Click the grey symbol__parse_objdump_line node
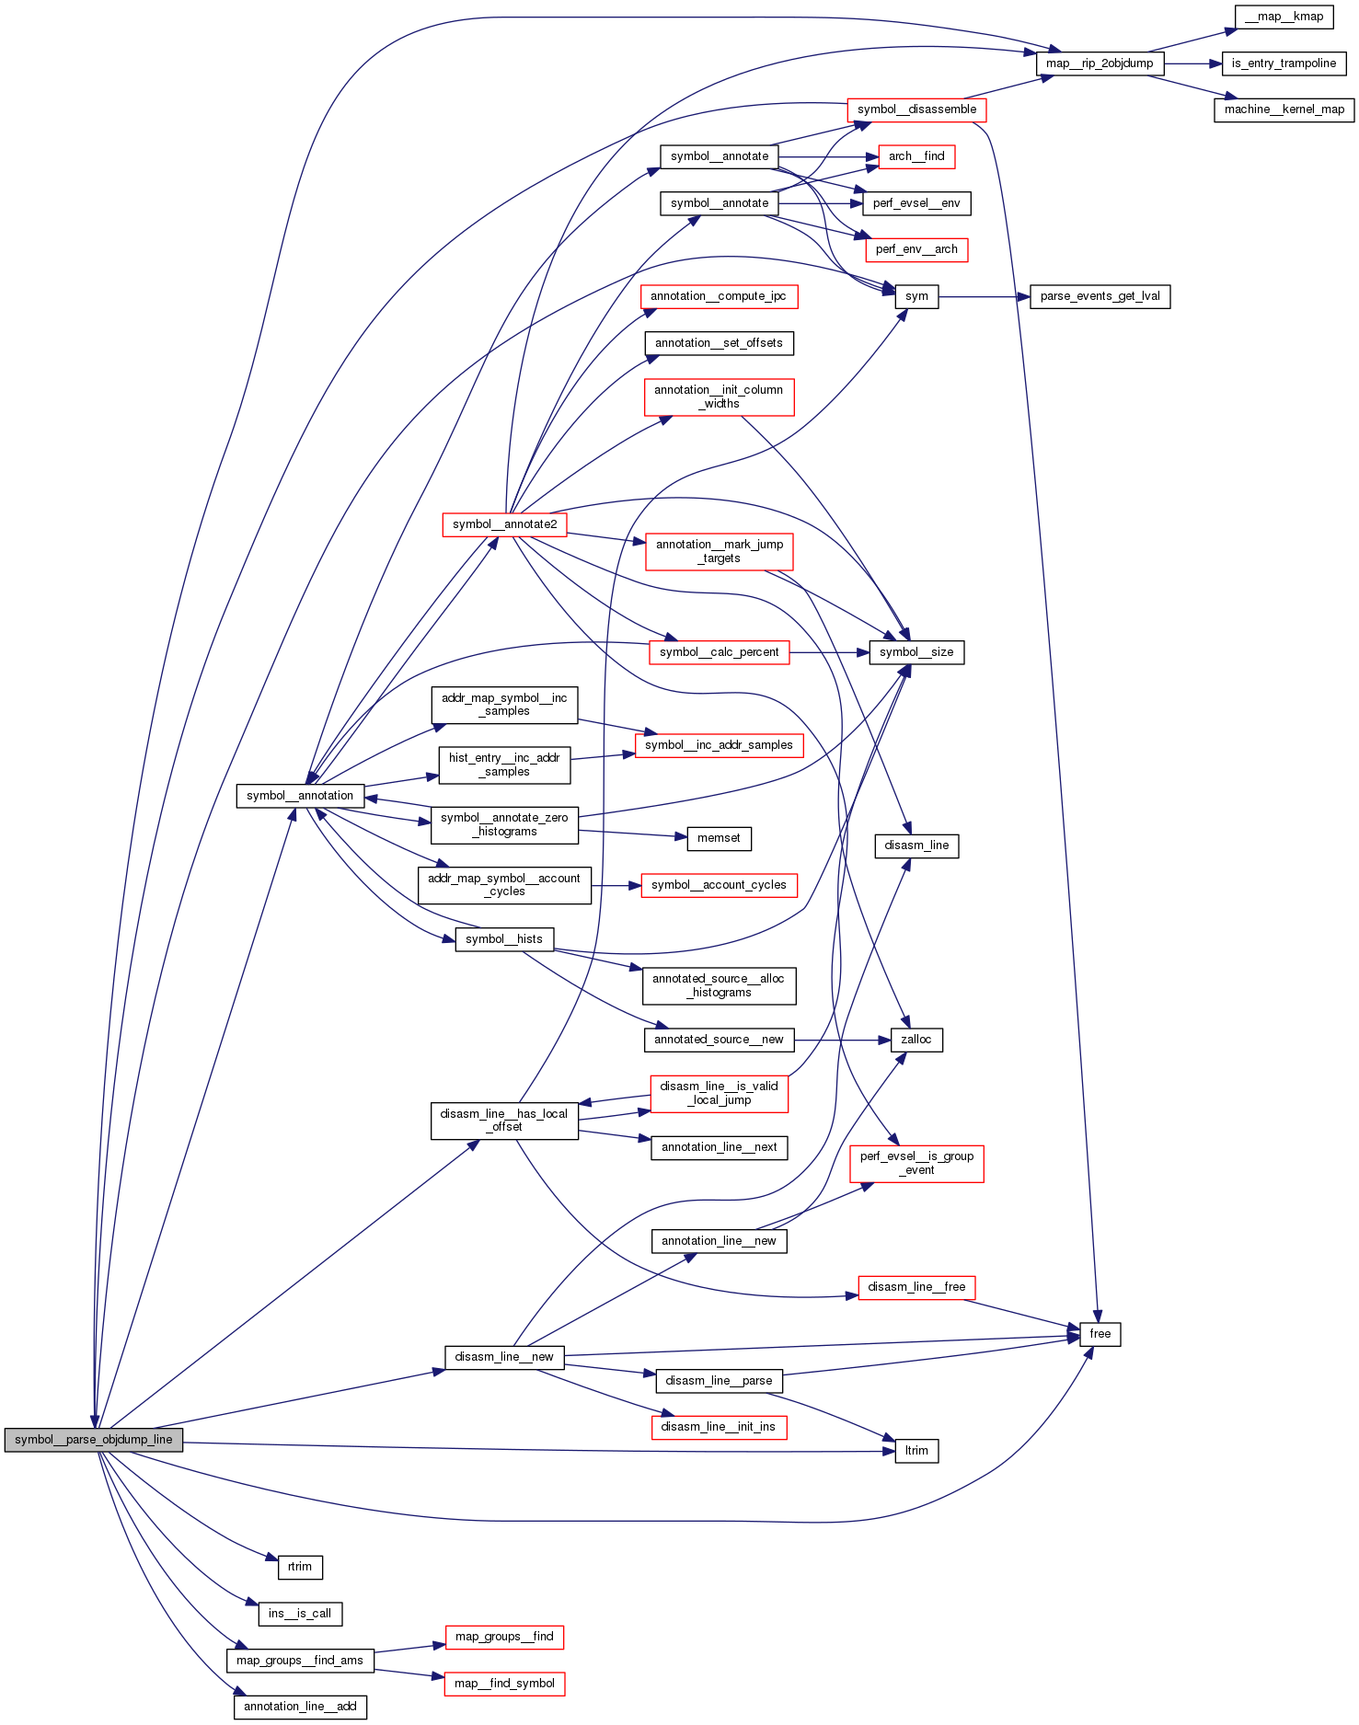(93, 1440)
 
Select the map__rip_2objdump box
(1100, 63)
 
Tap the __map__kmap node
(1284, 17)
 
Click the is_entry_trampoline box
(1284, 63)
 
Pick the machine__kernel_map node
(1284, 109)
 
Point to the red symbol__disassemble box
(916, 109)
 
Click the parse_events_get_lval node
(1100, 296)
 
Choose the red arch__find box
(916, 156)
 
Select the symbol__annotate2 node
(504, 524)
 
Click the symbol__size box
(916, 652)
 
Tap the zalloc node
(916, 1040)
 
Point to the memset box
(719, 838)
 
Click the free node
(1100, 1334)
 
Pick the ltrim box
(916, 1451)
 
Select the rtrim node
(300, 1567)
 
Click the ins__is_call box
(300, 1614)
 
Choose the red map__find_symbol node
(504, 1684)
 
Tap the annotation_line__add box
(300, 1707)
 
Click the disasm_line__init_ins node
(719, 1427)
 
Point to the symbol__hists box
(504, 939)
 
